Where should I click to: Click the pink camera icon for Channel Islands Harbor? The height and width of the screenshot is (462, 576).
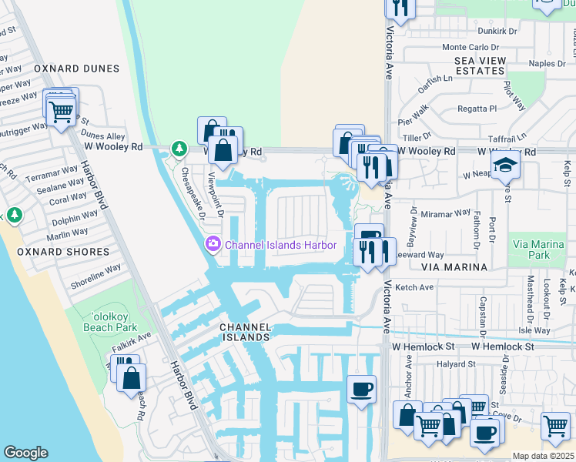pos(213,245)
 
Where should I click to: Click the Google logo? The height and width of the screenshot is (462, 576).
pos(25,453)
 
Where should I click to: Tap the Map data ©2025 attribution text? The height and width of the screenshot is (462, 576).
pos(543,456)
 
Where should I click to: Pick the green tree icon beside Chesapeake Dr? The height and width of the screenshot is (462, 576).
pos(179,147)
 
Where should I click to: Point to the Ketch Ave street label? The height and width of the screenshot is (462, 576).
pos(414,287)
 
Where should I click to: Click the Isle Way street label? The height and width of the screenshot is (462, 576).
pos(534,330)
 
